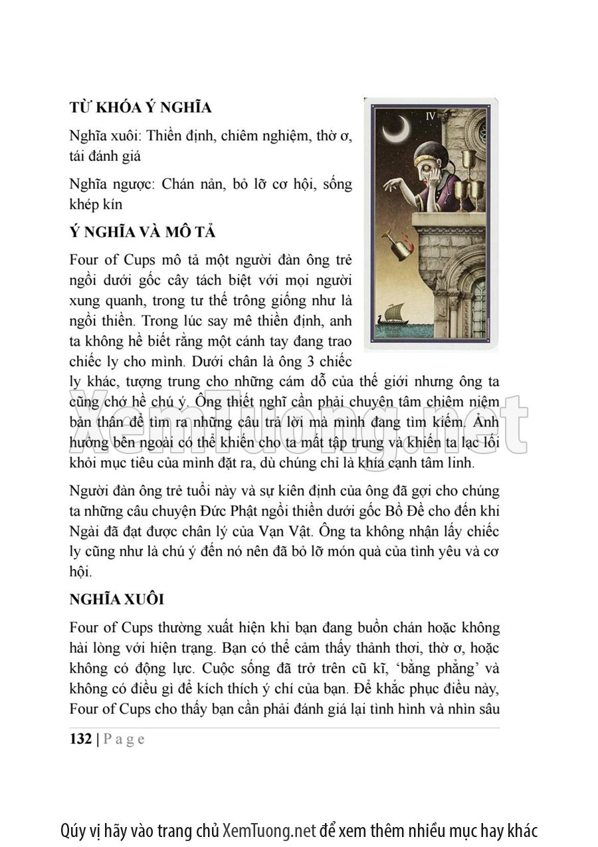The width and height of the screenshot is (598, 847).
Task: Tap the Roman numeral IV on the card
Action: (x=430, y=116)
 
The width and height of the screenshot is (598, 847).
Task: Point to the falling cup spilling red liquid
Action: (x=400, y=246)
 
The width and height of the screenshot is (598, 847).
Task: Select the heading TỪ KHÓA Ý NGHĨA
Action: (x=140, y=108)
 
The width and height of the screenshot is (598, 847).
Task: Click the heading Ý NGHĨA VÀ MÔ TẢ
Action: (x=142, y=233)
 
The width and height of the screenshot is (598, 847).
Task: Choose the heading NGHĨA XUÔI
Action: (x=116, y=599)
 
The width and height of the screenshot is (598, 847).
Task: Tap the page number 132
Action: (x=80, y=739)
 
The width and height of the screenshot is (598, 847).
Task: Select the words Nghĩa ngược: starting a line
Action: (x=111, y=184)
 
